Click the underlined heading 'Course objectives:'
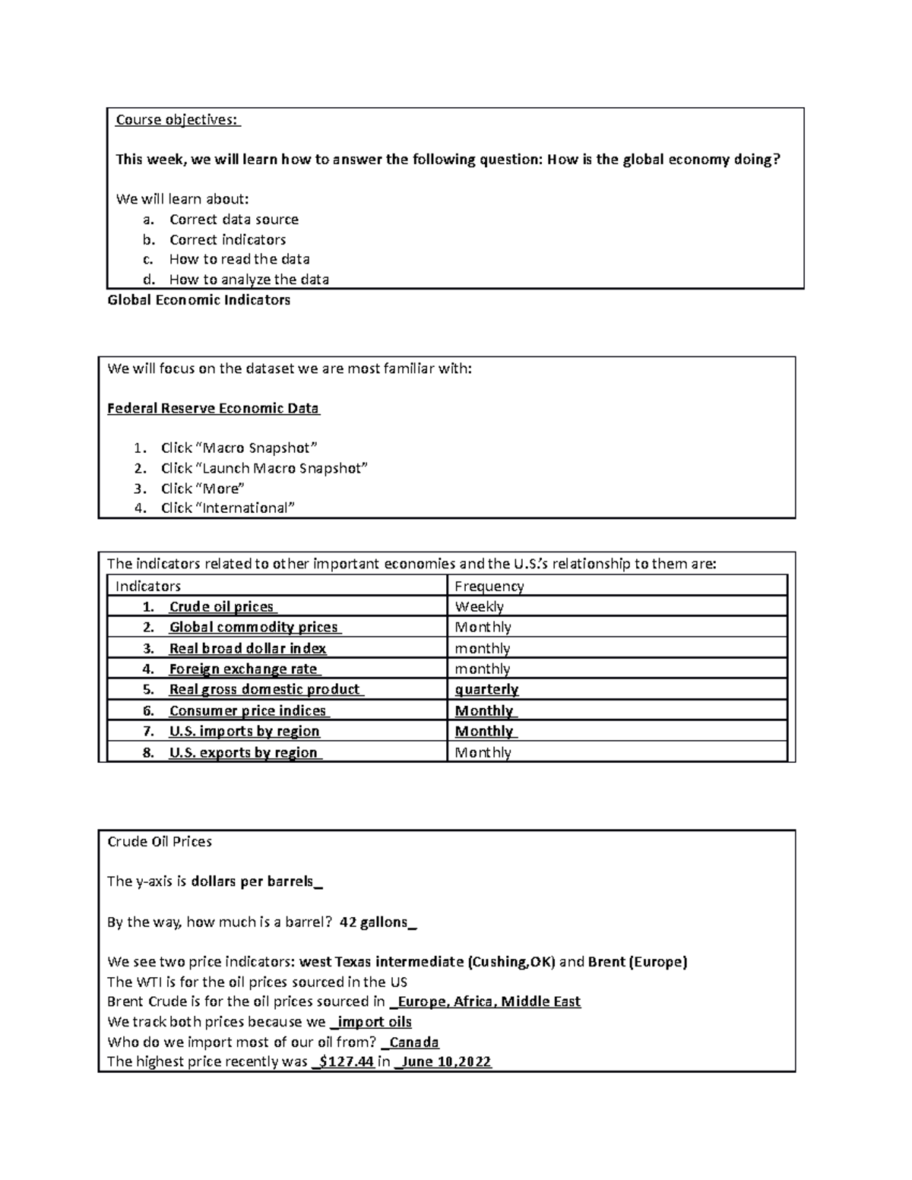[x=176, y=119]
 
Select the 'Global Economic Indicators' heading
[x=199, y=300]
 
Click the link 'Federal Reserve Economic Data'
[x=213, y=408]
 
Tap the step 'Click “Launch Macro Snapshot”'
[x=264, y=468]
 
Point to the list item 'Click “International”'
[x=227, y=508]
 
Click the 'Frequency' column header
[x=489, y=586]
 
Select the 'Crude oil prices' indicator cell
[x=222, y=606]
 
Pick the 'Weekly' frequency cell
[x=479, y=606]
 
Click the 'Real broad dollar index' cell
[x=247, y=648]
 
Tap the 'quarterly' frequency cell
[x=486, y=689]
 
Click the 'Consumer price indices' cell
[x=248, y=710]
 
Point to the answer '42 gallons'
[x=375, y=922]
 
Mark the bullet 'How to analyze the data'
[x=249, y=279]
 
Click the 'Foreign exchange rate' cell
[x=243, y=669]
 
